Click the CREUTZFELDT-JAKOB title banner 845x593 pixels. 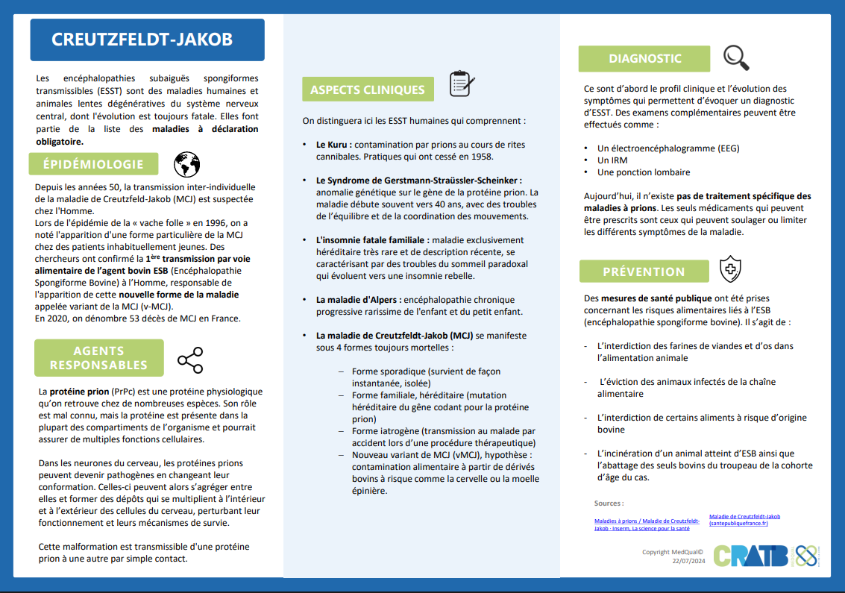(x=147, y=40)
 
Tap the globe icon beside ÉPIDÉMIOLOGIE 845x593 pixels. (x=187, y=164)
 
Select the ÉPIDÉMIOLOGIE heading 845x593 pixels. (x=93, y=164)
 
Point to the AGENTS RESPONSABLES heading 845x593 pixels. (x=98, y=358)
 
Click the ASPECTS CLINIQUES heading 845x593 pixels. (x=367, y=90)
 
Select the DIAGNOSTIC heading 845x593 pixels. (x=645, y=58)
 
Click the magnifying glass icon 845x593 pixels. (x=736, y=57)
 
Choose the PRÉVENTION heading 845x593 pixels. (x=644, y=272)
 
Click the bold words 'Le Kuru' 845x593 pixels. (x=333, y=145)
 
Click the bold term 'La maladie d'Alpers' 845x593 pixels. (x=356, y=300)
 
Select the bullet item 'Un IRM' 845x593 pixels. (x=612, y=160)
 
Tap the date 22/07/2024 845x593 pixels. (x=688, y=561)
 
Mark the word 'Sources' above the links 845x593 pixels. (x=609, y=503)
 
